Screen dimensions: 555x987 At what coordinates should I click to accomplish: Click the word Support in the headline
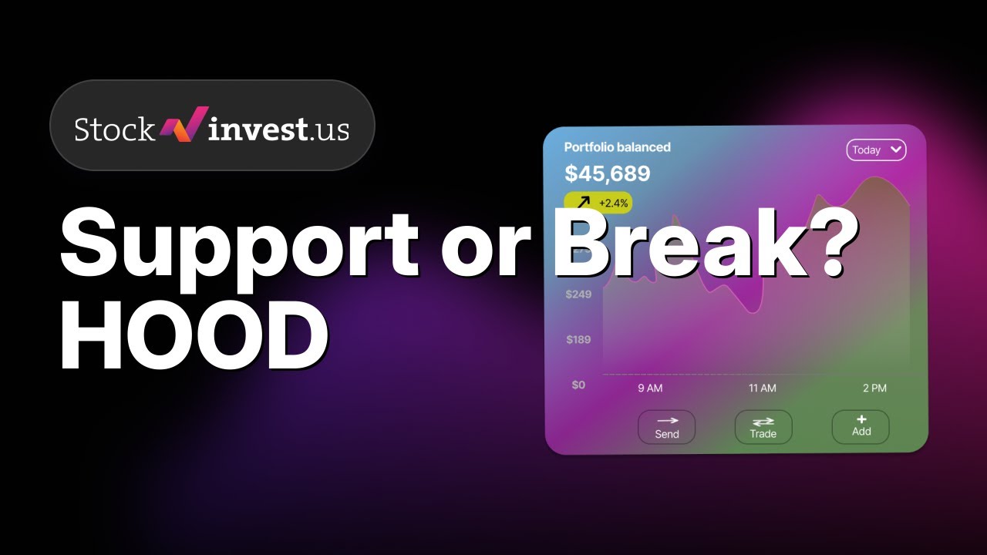pos(239,245)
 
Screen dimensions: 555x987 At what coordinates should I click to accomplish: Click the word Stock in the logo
pos(114,129)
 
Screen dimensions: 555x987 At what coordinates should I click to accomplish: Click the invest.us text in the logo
pos(278,128)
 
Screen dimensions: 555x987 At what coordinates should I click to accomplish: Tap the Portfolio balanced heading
pos(617,146)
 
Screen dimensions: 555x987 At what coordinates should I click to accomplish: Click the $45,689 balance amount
pos(608,173)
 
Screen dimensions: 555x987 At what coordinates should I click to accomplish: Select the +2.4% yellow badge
pos(598,203)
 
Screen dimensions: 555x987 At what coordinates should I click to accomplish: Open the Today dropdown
pos(876,150)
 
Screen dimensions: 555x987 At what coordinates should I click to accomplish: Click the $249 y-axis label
pos(578,294)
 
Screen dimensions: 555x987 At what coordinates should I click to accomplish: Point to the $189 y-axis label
pos(578,339)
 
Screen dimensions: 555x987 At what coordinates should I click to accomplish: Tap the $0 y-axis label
pos(578,385)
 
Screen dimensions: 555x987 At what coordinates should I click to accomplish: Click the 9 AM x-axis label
pos(650,388)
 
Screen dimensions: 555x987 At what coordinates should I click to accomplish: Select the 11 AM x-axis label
pos(763,388)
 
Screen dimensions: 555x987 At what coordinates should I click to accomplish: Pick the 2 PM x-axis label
pos(874,388)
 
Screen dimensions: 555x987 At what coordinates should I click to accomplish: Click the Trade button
pos(763,427)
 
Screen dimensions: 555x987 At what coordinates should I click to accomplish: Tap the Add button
pos(861,426)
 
